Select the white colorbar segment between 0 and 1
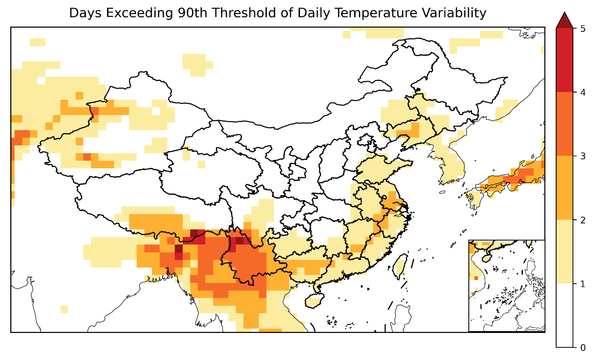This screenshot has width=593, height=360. pyautogui.click(x=564, y=316)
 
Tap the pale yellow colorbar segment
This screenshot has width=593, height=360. pyautogui.click(x=564, y=252)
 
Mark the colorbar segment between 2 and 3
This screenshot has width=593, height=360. pyautogui.click(x=564, y=188)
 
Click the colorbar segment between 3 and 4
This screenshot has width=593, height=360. pyautogui.click(x=564, y=124)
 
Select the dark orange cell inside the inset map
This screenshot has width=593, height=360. pyautogui.click(x=476, y=278)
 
